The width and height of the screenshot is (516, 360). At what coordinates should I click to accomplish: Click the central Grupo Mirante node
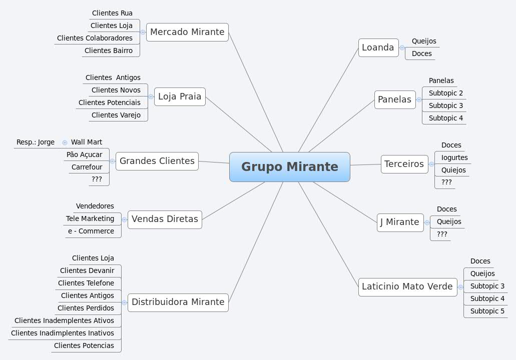[x=289, y=167]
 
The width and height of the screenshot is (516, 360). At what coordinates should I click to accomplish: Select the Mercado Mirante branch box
[x=187, y=32]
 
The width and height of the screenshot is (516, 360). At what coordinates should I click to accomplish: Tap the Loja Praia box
[x=180, y=96]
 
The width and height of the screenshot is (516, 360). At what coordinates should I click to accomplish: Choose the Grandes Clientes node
[x=157, y=161]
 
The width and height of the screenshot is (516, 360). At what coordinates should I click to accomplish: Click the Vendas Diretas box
[x=165, y=219]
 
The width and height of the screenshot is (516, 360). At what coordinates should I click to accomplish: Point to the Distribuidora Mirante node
[x=178, y=302]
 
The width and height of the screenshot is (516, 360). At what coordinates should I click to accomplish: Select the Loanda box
[x=378, y=47]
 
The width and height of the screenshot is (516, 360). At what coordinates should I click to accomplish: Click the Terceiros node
[x=404, y=164]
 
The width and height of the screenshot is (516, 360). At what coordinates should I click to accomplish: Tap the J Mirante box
[x=399, y=222]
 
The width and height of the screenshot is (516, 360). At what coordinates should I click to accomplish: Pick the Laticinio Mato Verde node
[x=407, y=286]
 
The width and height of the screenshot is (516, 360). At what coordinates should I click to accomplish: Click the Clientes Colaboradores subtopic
[x=95, y=38]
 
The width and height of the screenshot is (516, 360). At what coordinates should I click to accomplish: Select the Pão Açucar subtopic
[x=84, y=154]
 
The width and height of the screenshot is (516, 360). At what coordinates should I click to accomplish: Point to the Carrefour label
[x=87, y=167]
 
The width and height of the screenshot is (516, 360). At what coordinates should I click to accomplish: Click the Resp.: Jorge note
[x=36, y=142]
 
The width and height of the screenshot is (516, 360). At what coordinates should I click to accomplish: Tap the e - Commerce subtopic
[x=91, y=231]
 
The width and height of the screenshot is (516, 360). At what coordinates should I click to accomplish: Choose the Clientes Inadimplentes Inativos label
[x=63, y=333]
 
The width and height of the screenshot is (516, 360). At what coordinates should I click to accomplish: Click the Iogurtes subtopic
[x=454, y=157]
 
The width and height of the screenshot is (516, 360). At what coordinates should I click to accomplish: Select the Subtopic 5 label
[x=487, y=311]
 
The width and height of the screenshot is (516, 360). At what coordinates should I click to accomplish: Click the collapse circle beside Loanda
[x=402, y=48]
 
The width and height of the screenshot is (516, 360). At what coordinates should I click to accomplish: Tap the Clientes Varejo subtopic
[x=116, y=115]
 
